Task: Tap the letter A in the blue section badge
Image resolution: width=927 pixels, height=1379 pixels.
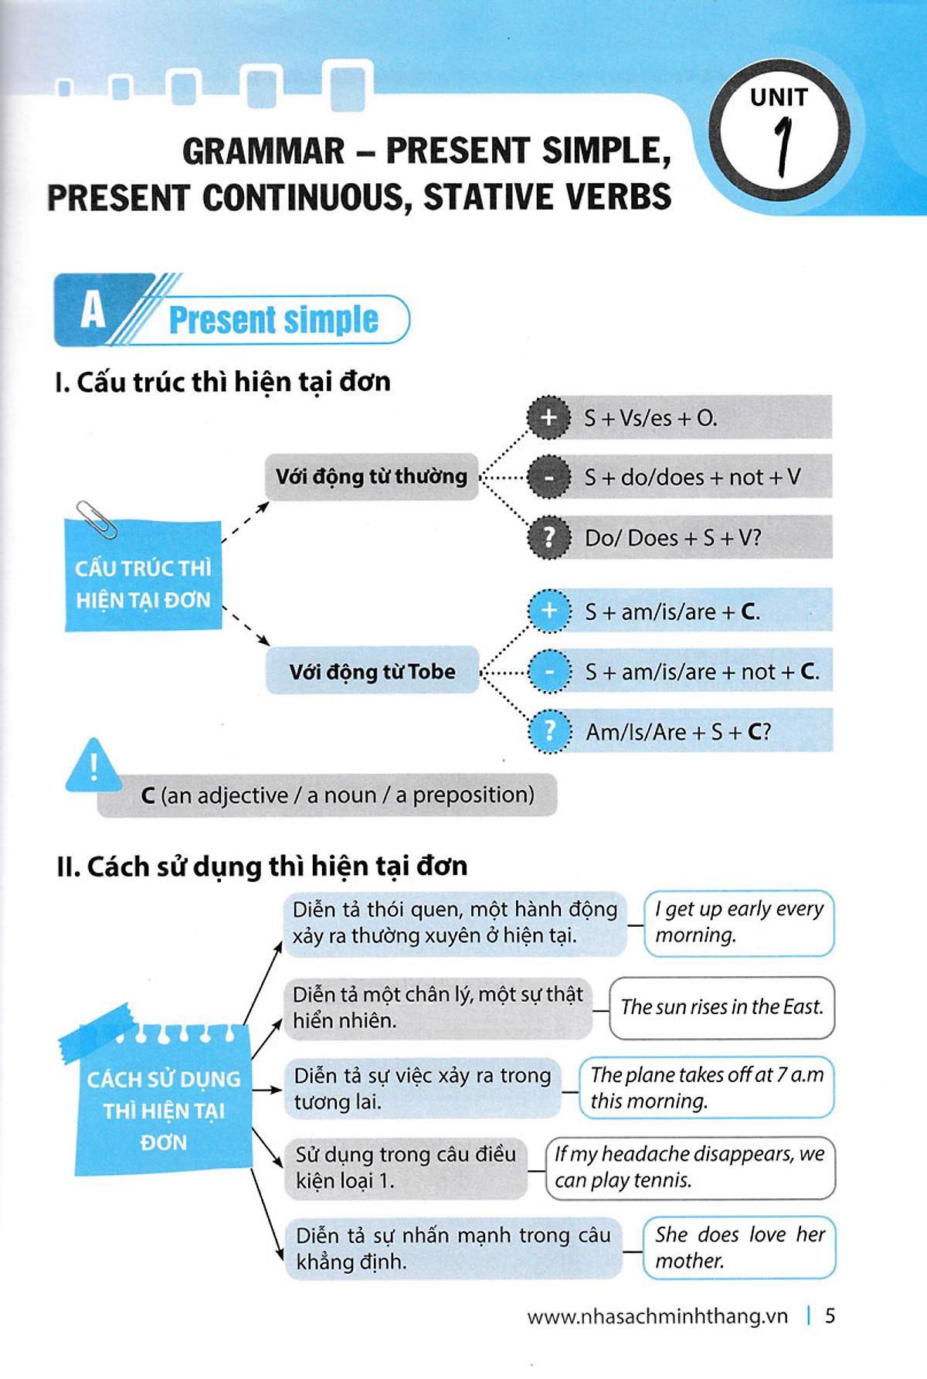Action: coord(93,311)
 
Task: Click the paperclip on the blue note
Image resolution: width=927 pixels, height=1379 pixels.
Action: coord(97,519)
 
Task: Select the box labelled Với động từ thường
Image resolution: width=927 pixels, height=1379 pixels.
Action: coord(372,476)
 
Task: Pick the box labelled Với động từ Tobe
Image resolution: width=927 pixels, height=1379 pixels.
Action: coord(372,671)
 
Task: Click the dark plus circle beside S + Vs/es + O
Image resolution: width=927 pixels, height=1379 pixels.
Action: coord(548,417)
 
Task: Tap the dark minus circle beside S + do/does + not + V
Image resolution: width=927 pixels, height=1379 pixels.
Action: coord(548,478)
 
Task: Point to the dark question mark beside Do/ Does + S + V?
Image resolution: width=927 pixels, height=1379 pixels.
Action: coord(548,537)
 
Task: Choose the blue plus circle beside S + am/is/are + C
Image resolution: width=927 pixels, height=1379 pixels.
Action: coord(549,611)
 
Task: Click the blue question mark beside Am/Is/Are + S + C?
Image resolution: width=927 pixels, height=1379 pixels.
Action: coord(549,730)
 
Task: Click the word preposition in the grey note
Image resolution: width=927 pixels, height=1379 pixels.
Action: coord(473,795)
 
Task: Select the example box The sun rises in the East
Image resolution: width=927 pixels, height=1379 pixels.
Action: coord(722,1007)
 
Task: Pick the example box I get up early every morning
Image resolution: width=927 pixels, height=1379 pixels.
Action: coord(739,922)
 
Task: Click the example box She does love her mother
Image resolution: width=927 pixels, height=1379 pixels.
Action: coord(739,1248)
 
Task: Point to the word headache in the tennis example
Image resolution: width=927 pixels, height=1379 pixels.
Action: coord(647,1154)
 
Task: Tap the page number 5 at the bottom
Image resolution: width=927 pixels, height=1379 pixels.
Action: coord(830,1316)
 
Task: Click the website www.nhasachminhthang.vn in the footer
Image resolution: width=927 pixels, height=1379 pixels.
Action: coord(657,1316)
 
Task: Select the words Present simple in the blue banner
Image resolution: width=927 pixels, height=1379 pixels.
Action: coord(273,320)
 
